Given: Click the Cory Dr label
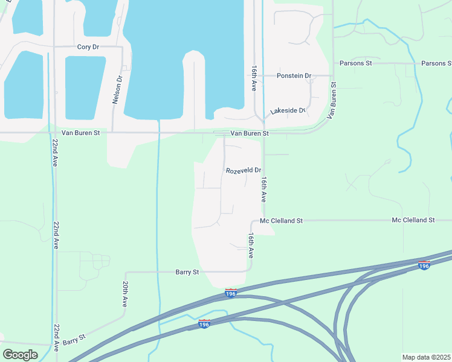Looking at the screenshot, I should tap(88, 47).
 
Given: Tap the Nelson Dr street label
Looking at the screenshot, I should tap(117, 90).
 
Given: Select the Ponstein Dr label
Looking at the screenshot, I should tap(294, 76).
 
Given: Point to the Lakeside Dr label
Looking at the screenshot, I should tap(288, 111).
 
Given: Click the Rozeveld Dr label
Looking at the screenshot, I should tap(244, 171).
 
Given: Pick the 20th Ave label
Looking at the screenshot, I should tap(125, 294).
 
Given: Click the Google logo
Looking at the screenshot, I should tap(20, 354).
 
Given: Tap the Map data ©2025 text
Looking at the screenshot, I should tap(427, 357).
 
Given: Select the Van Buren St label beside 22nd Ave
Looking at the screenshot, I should tap(80, 133).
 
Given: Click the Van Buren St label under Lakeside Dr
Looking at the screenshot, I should tap(249, 133).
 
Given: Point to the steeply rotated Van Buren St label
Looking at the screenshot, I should tap(332, 100).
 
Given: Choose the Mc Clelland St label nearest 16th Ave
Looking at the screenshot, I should tap(281, 221).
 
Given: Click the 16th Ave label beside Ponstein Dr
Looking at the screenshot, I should tap(254, 79).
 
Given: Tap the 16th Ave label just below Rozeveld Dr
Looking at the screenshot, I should tap(263, 189).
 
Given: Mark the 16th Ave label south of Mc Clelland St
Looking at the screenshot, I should tap(250, 246).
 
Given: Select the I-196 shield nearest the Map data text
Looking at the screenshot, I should tap(424, 265).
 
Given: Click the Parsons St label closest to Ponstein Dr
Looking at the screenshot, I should tap(359, 63).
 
